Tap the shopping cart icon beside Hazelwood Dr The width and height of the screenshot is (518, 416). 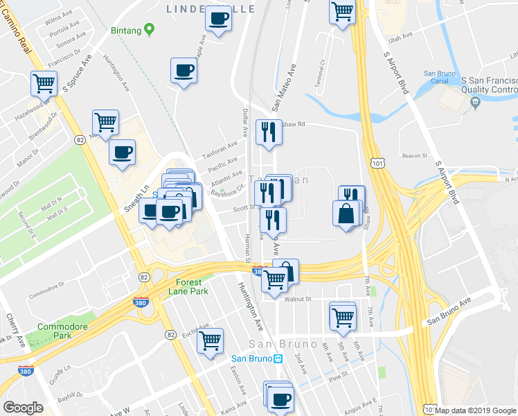(44, 85)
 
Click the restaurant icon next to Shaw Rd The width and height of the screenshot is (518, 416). (268, 132)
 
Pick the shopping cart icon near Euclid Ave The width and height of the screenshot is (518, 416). (210, 341)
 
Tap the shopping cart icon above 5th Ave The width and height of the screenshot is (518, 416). (343, 317)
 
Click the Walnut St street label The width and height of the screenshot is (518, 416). (299, 299)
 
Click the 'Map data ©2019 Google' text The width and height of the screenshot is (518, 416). (476, 410)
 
